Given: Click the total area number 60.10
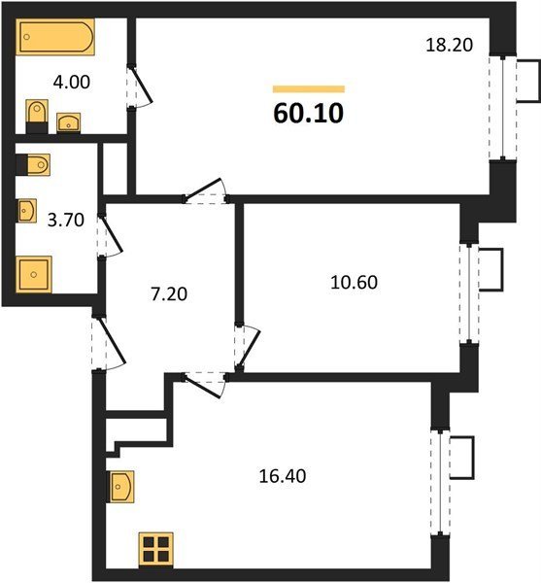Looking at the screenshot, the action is [x=309, y=114].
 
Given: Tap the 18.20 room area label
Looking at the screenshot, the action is [x=450, y=45].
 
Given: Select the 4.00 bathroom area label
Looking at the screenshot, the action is [x=71, y=82].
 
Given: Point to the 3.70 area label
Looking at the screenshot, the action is [x=66, y=220].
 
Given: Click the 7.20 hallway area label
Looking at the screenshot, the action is [x=169, y=293].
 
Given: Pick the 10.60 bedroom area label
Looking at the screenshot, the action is [x=354, y=282].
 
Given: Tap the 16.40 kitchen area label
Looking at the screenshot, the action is [x=283, y=476].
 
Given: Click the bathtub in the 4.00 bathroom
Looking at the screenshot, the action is [x=55, y=37].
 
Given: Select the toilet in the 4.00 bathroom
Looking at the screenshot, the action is [x=37, y=116].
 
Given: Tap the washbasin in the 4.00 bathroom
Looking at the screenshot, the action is [x=68, y=122].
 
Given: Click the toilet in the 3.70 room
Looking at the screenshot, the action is [x=33, y=164].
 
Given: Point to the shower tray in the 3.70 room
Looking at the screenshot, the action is [x=33, y=274].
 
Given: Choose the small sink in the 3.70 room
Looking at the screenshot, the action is [x=27, y=211].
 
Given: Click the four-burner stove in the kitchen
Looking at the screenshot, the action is [x=156, y=550].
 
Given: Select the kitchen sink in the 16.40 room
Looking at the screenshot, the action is [x=120, y=487].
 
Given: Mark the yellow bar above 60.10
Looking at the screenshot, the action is [x=309, y=88].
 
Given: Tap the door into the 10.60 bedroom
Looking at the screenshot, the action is [x=247, y=348].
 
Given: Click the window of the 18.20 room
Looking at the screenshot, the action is [x=503, y=108].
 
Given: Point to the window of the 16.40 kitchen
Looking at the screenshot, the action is [x=440, y=482].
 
